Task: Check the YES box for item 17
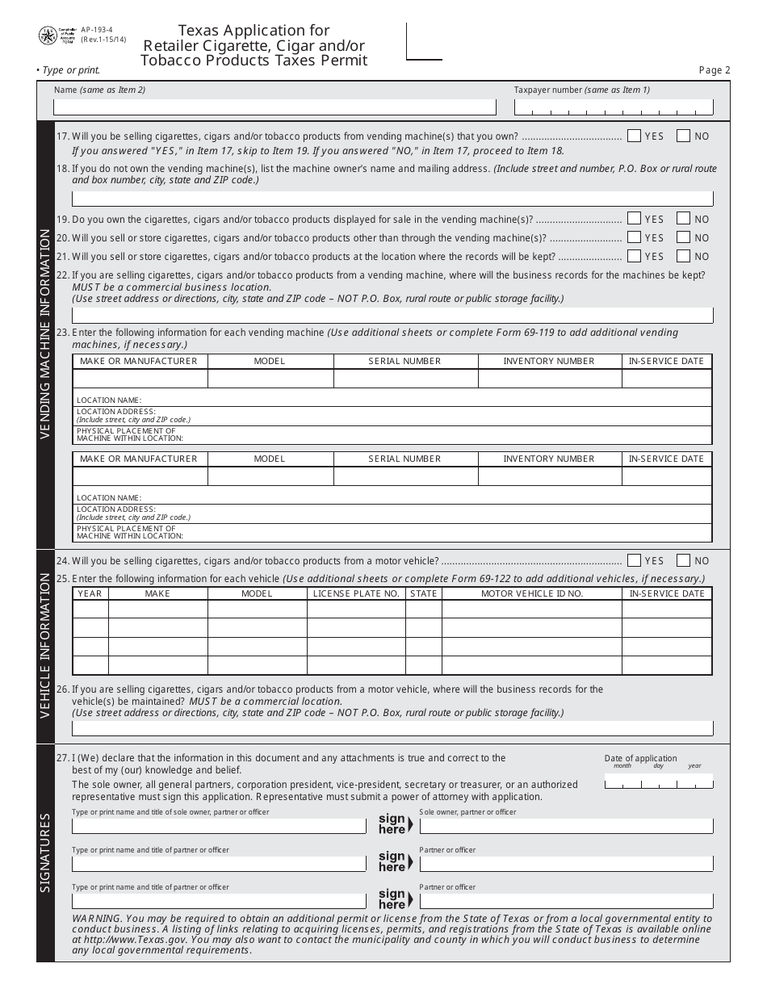point(634,136)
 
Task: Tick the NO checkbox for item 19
point(684,219)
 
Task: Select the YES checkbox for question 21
point(634,256)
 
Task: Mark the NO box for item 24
point(684,560)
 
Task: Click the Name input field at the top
point(275,107)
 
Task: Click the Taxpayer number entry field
point(614,107)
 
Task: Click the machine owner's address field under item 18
point(392,199)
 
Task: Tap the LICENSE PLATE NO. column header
point(356,593)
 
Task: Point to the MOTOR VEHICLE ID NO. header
point(531,593)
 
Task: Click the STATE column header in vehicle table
point(423,593)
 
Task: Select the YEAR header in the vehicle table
point(90,593)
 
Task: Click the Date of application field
point(659,781)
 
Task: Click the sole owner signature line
point(566,826)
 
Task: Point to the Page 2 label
point(714,70)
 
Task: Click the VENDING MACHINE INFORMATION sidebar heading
point(45,334)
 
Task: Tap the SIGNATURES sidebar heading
point(45,853)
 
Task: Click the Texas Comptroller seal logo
point(47,36)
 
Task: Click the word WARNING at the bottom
point(97,919)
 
